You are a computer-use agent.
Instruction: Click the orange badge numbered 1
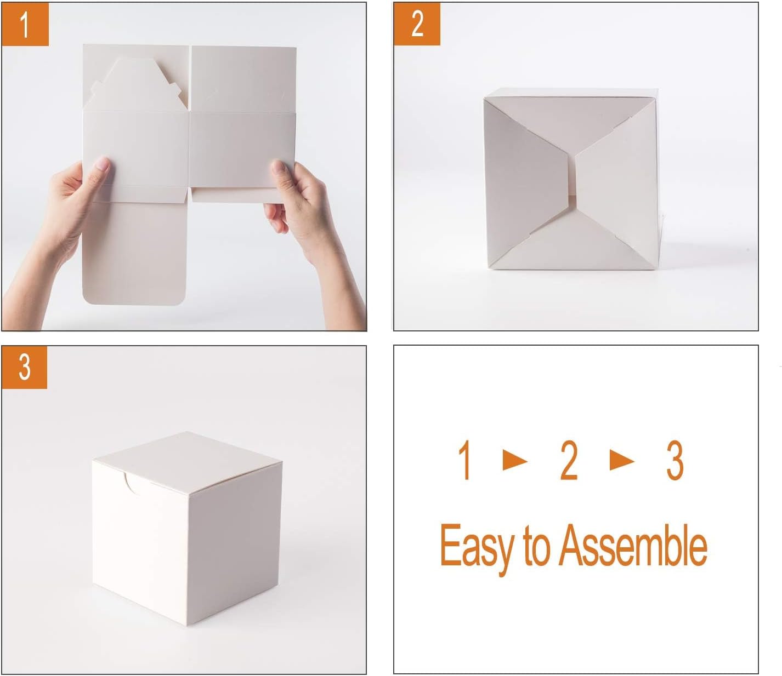click(x=25, y=25)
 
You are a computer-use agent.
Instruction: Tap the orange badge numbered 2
click(x=417, y=25)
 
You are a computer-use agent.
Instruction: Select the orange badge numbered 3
click(x=25, y=367)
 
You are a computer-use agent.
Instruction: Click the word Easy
click(x=475, y=546)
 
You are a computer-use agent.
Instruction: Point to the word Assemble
click(x=633, y=546)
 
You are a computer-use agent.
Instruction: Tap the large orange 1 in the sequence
click(x=465, y=461)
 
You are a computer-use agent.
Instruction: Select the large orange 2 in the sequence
click(x=569, y=461)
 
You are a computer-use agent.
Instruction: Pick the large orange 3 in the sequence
click(x=675, y=461)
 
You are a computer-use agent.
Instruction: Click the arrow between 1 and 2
click(x=514, y=461)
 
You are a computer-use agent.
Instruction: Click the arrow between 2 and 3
click(x=621, y=461)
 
